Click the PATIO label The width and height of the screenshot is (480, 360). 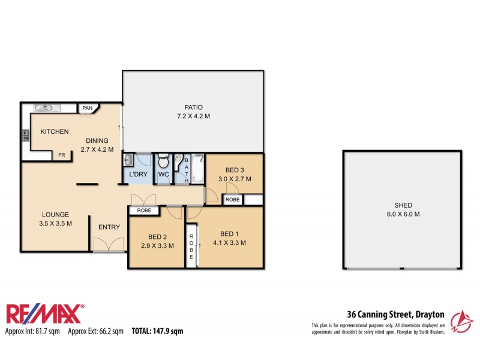(x=193, y=107)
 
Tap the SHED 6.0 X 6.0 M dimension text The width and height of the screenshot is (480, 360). (x=403, y=214)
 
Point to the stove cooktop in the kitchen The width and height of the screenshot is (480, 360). (x=26, y=136)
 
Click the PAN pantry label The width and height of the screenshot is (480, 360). (x=87, y=108)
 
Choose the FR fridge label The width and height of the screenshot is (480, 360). (x=61, y=155)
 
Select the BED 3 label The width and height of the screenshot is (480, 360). (x=235, y=169)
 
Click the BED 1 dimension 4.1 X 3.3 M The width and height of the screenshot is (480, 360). (x=230, y=242)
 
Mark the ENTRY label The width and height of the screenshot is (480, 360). (x=109, y=227)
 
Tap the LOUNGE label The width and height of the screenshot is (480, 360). (x=55, y=214)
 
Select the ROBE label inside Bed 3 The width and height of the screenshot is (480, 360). (x=233, y=199)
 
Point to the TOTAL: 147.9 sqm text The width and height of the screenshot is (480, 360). (x=157, y=331)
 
